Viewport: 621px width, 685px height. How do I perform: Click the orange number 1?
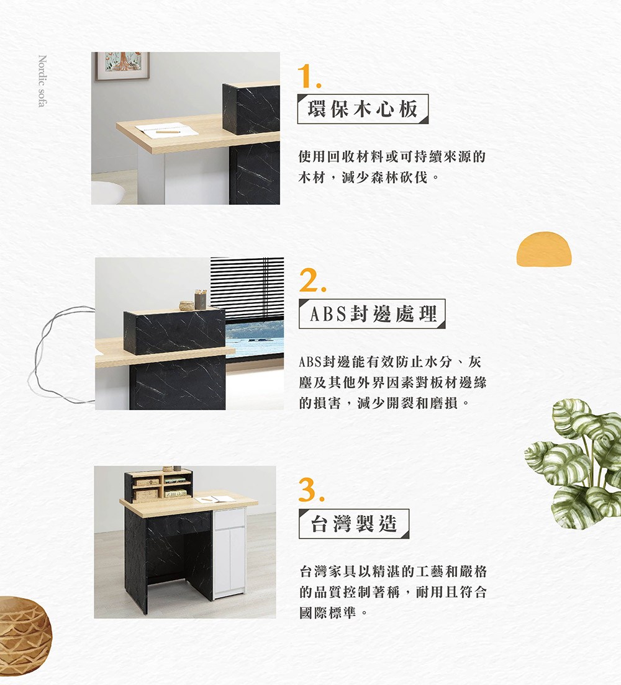309,76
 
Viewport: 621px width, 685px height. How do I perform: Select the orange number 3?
311,490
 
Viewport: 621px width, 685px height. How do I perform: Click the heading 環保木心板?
363,109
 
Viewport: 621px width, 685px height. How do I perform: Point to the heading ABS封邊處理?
373,314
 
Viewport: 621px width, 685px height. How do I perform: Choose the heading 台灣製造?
354,523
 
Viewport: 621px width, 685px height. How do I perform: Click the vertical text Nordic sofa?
42,81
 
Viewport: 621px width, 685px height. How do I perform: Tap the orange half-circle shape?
544,249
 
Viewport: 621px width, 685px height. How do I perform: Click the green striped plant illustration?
573,463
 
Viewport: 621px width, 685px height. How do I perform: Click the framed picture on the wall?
122,66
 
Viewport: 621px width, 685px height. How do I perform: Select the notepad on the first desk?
166,130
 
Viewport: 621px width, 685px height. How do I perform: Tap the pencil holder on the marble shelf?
201,299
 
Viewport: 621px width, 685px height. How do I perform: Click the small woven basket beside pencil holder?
187,305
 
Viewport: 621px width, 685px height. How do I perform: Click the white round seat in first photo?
107,192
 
